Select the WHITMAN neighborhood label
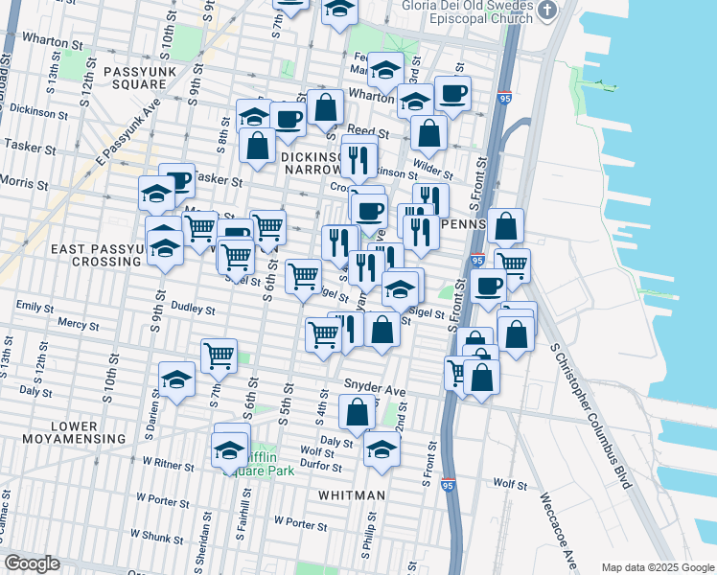tap(353, 495)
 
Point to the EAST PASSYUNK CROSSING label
tap(86, 255)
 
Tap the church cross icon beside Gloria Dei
tap(547, 11)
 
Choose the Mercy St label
tap(73, 323)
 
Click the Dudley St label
tap(193, 310)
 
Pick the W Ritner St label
tap(168, 464)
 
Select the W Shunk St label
tap(159, 534)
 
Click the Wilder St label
tap(434, 172)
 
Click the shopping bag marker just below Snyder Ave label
tap(357, 412)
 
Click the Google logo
tap(32, 563)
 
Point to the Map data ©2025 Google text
tap(657, 567)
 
